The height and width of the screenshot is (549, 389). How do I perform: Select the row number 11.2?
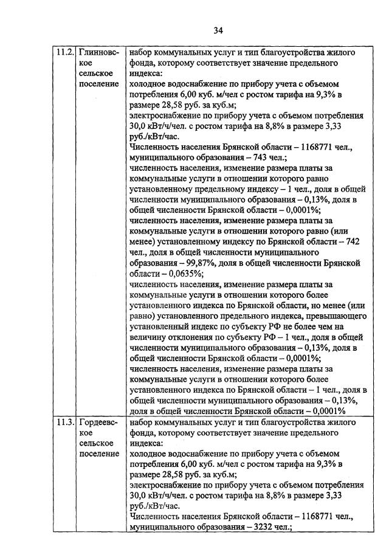tap(64, 52)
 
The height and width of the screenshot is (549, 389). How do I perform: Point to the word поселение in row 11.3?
tap(99, 454)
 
